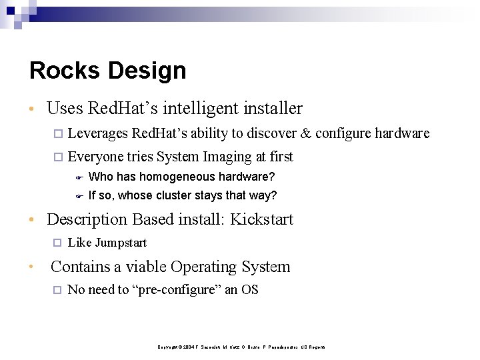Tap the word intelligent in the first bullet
198,108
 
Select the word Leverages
98,133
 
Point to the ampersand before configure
305,133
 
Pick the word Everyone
96,157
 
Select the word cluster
173,195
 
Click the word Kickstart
262,219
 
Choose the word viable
146,267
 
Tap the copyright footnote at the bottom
241,347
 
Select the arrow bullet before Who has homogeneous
78,177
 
